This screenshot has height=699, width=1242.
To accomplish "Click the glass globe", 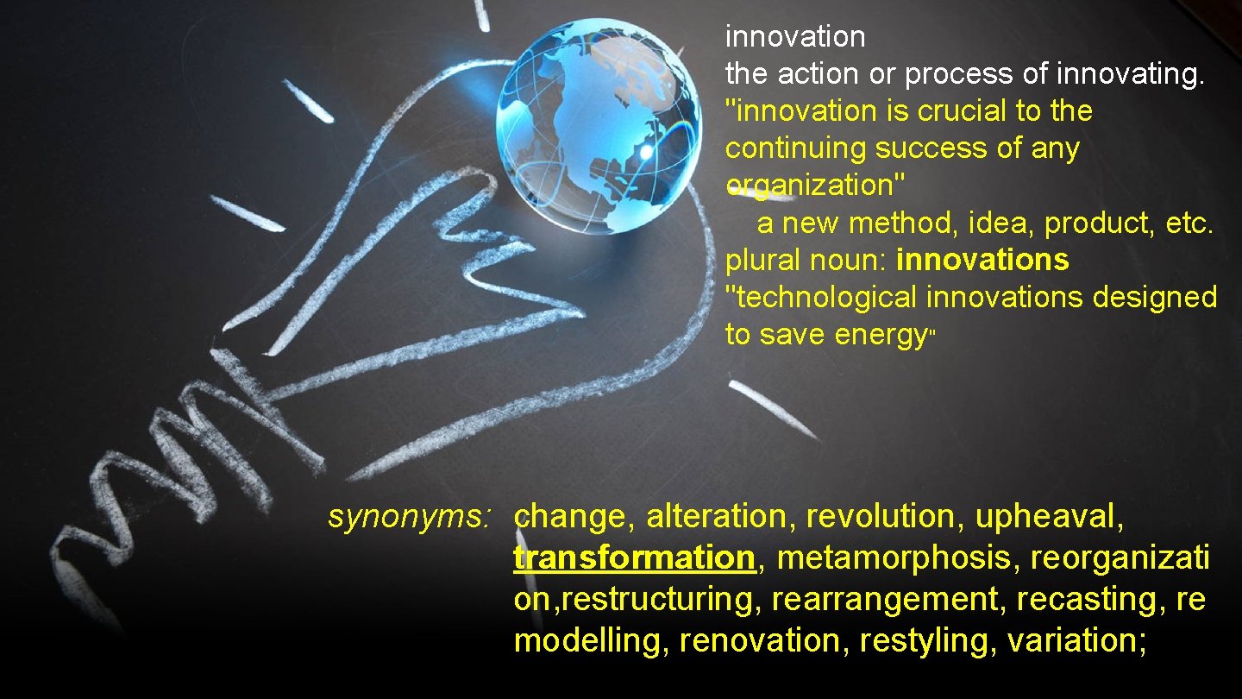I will pyautogui.click(x=599, y=126).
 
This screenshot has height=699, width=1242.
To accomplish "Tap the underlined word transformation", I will pyautogui.click(x=634, y=557).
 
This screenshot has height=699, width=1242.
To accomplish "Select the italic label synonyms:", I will pyautogui.click(x=410, y=517).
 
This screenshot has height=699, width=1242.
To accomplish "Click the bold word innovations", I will pyautogui.click(x=982, y=260).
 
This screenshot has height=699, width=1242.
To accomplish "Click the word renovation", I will pyautogui.click(x=759, y=640).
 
